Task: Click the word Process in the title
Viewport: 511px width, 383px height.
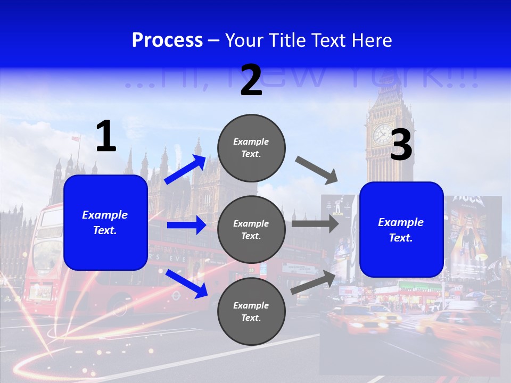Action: (x=167, y=40)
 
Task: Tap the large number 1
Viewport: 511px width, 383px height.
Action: (x=106, y=136)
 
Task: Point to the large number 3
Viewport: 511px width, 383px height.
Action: (x=401, y=145)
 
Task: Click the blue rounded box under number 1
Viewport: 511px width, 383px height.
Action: (x=105, y=222)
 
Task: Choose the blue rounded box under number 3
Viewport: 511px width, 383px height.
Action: (x=401, y=229)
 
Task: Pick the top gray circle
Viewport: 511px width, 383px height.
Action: (x=252, y=148)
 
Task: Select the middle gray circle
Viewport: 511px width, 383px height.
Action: (x=252, y=230)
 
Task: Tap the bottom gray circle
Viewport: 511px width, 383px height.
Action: (x=252, y=312)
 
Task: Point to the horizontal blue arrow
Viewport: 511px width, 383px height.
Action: (x=186, y=226)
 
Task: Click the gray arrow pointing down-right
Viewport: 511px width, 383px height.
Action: (x=317, y=171)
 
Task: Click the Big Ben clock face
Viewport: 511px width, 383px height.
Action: (x=382, y=134)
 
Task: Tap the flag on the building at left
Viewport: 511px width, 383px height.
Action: (x=76, y=138)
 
